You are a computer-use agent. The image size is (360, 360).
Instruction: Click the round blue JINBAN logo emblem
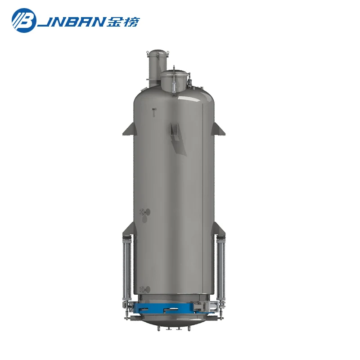[x=23, y=21]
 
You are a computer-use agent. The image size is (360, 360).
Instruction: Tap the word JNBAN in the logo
[x=76, y=21]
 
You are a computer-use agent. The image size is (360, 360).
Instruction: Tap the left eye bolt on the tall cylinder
[x=149, y=54]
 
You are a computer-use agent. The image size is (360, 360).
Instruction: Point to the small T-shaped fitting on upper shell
[x=153, y=112]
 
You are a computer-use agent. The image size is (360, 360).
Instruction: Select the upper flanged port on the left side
[x=144, y=212]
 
